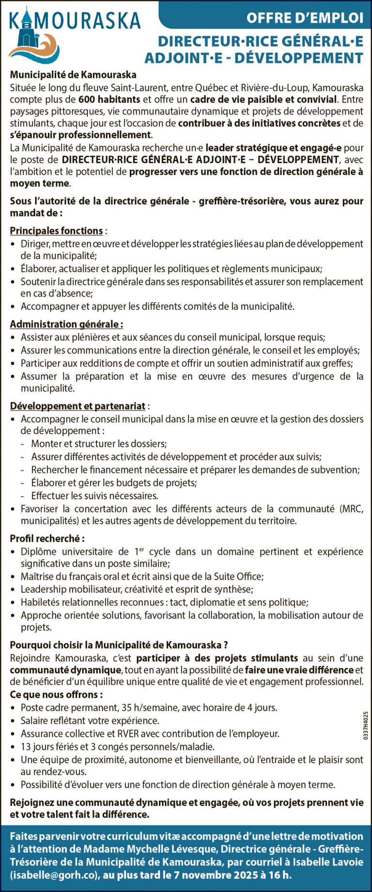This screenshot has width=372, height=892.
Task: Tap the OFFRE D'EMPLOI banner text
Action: tap(305, 18)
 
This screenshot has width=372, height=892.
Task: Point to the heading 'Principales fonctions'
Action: tap(56, 231)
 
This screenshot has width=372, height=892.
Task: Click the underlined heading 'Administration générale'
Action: tap(66, 324)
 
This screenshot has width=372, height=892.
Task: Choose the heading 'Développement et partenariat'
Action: tap(77, 406)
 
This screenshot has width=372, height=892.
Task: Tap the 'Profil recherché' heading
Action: tap(47, 538)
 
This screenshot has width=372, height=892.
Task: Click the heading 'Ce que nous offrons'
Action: tap(56, 694)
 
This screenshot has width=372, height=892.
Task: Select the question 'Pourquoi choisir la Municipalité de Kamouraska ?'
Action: tap(119, 645)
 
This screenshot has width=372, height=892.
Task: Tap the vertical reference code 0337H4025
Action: tap(365, 725)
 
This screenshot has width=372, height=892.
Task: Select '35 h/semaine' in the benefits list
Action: tap(145, 707)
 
